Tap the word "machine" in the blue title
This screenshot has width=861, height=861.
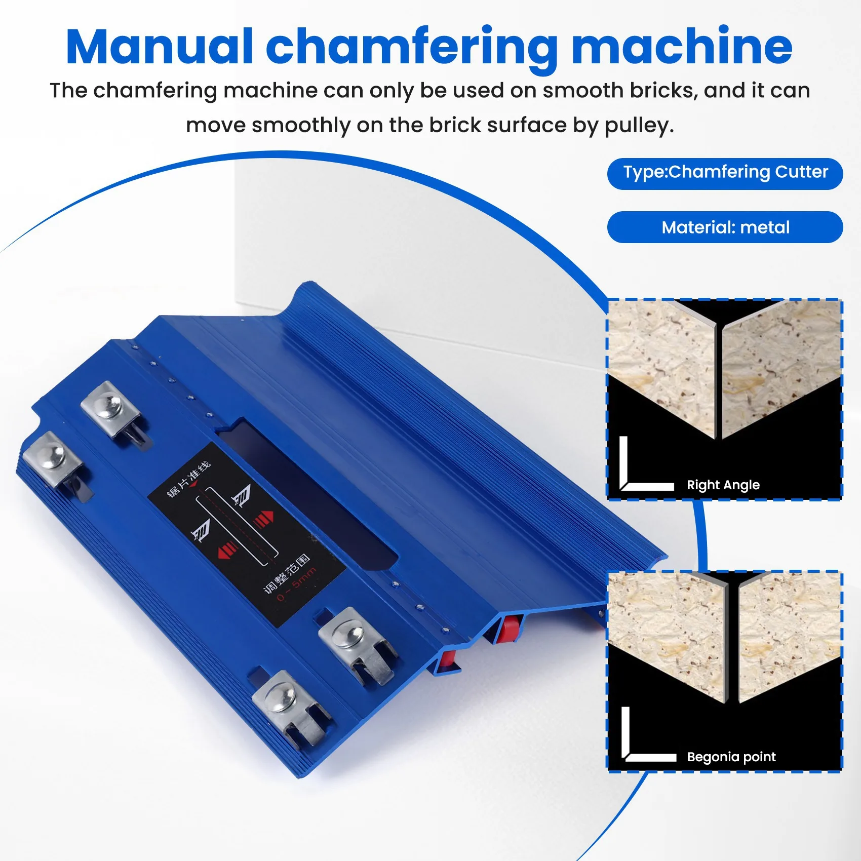(682, 47)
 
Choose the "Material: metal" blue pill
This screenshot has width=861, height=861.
(725, 227)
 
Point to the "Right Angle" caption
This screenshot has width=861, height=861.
(723, 485)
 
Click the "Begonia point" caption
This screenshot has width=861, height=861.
(731, 757)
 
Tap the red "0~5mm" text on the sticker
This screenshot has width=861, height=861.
(296, 584)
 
